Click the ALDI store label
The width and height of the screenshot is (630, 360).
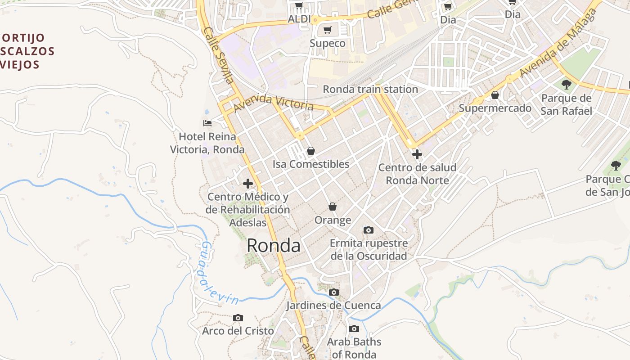[299, 19]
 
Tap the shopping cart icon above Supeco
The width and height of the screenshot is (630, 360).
[328, 30]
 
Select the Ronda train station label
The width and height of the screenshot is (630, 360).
[370, 89]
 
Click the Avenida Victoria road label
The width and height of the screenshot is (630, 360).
[274, 103]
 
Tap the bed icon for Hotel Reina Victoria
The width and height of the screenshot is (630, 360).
[207, 123]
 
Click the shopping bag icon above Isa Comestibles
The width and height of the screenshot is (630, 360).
[310, 151]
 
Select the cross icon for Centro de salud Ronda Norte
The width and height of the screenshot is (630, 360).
[417, 154]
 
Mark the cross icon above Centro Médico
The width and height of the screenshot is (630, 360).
[247, 183]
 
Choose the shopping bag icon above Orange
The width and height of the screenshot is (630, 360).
[333, 207]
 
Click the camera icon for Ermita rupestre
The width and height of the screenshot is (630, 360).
[368, 230]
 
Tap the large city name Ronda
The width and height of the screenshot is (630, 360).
[273, 246]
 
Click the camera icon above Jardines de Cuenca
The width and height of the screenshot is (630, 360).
[333, 292]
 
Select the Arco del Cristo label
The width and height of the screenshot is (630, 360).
[238, 331]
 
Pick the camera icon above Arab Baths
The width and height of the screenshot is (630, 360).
[354, 329]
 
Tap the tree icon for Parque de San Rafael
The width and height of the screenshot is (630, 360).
[567, 84]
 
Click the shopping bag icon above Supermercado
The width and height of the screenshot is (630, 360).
[495, 95]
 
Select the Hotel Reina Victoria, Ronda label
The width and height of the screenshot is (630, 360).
[207, 143]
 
